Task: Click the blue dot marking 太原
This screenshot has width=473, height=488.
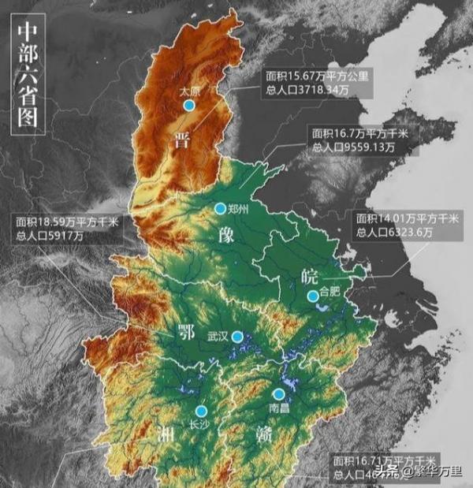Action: (x=188, y=105)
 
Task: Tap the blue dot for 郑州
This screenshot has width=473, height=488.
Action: (x=220, y=208)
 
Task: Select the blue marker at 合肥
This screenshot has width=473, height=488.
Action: (x=313, y=296)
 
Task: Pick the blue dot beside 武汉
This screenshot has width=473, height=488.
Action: (x=237, y=337)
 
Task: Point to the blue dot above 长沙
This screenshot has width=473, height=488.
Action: (x=200, y=411)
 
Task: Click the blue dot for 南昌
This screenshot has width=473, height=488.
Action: (x=278, y=393)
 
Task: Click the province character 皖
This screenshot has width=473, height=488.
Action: (x=310, y=275)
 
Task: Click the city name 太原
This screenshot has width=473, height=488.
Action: (x=188, y=91)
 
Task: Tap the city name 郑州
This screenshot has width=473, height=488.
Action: (x=238, y=210)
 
